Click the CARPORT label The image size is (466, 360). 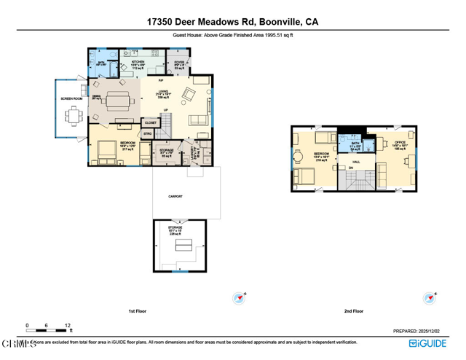click(175, 197)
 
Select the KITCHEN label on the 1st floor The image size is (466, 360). click(138, 61)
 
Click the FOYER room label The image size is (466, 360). click(179, 63)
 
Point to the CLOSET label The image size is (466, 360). click(150, 123)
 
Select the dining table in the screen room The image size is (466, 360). click(73, 116)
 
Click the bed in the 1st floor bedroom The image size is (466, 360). click(106, 149)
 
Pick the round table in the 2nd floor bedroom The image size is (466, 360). click(297, 154)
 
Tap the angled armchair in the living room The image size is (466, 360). click(189, 94)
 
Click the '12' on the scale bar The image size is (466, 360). click(67, 326)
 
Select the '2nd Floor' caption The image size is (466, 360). click(354, 311)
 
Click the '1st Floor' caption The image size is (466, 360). click(138, 311)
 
